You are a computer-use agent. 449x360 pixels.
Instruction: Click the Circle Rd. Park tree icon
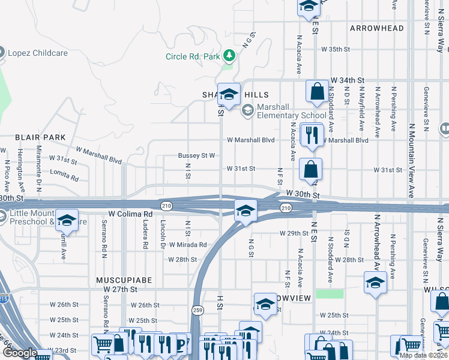tap(229, 56)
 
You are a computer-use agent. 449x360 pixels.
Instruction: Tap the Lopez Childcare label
tap(35, 53)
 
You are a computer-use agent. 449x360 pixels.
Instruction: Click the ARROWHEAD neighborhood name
tap(376, 28)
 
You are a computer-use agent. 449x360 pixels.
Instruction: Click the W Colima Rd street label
tap(130, 214)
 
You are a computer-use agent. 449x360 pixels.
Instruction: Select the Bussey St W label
tap(196, 155)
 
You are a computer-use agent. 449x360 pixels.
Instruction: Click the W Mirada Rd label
tap(187, 245)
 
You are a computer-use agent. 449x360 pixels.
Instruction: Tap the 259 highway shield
tap(197, 310)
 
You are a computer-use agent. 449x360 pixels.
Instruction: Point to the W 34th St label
tap(348, 80)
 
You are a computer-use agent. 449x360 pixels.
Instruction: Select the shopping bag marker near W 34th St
tap(316, 92)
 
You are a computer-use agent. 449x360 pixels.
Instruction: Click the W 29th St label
tap(293, 233)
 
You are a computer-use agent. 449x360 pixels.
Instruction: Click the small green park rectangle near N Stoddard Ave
tap(330, 294)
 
